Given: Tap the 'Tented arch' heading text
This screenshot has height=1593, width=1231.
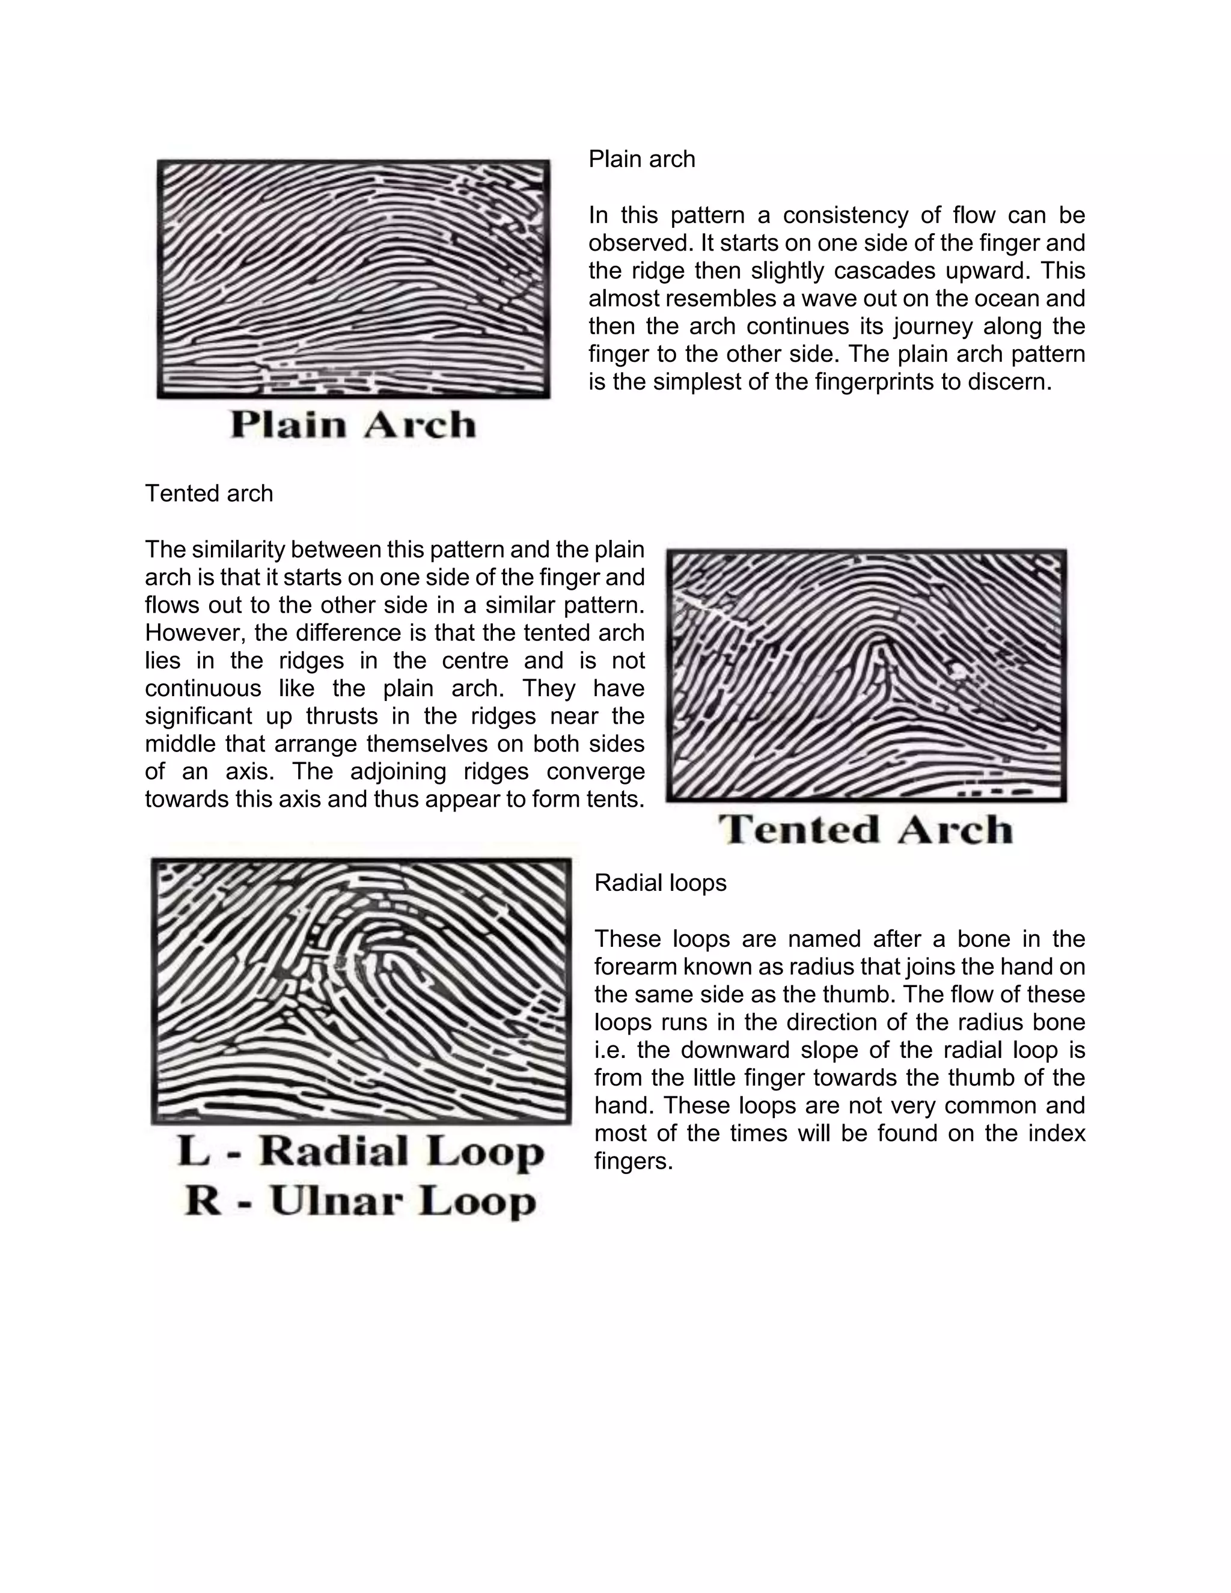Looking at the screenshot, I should (209, 494).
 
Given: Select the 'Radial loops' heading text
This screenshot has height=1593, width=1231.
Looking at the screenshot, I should (660, 882).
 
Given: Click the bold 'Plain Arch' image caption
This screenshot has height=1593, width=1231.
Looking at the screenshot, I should (353, 424).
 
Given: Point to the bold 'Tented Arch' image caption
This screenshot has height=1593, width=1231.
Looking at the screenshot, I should (866, 830).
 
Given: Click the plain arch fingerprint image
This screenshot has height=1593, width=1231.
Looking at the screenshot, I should (353, 280).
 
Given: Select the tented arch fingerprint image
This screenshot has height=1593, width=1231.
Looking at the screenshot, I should (866, 676).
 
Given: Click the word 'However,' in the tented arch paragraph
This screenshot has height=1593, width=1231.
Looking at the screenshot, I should (192, 632).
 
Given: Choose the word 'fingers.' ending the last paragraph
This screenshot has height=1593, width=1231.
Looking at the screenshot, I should (633, 1160).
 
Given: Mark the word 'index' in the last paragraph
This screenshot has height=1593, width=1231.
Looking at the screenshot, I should (1059, 1133).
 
